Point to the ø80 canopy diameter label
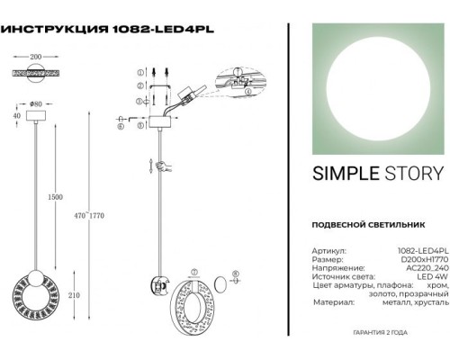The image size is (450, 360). click(39, 94)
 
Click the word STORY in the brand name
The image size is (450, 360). click(409, 174)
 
